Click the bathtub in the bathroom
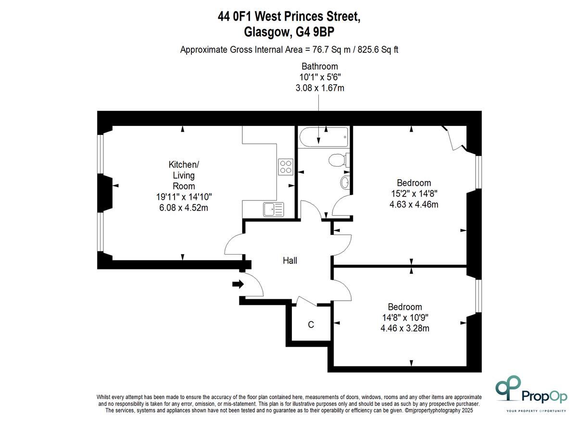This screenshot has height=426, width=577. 324,137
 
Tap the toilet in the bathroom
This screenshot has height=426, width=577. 339,160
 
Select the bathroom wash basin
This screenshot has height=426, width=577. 345,182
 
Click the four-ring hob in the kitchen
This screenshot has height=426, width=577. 286,167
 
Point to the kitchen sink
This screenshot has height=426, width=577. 273,209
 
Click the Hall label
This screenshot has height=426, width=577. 290,260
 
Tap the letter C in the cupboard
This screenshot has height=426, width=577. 311,324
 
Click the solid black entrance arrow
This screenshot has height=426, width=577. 238,284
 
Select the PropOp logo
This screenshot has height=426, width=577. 531,396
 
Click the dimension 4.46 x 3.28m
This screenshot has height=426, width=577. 405,329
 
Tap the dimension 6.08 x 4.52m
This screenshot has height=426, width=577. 183,207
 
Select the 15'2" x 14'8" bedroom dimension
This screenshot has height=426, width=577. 414,194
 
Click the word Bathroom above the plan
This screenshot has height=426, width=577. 320,67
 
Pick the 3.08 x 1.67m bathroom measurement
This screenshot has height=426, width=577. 320,88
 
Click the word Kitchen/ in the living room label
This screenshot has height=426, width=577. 184,165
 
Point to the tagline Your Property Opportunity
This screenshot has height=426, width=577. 536,411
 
